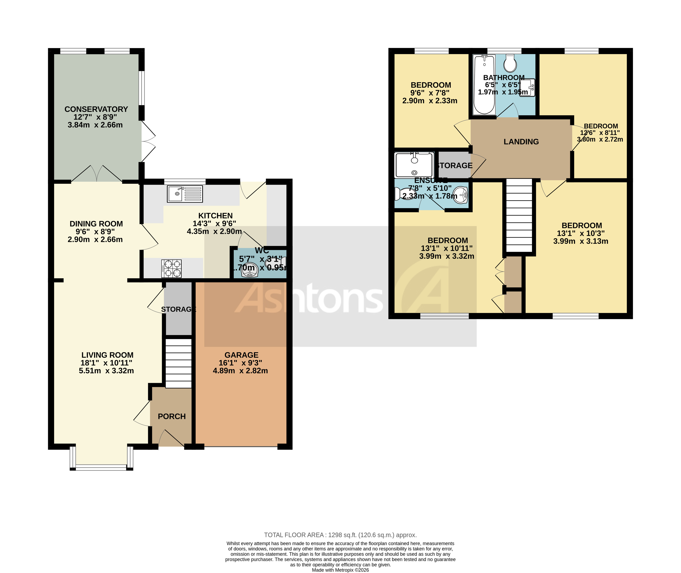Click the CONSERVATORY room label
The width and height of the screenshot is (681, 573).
coord(96,109)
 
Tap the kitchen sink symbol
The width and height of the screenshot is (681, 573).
coord(185,194)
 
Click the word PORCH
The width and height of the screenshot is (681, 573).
coord(171,416)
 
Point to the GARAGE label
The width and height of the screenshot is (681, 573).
coord(241,355)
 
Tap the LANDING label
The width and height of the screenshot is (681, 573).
coord(521,142)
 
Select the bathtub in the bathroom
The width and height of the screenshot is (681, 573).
coord(484,84)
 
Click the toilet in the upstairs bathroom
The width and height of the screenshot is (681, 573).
coord(510,63)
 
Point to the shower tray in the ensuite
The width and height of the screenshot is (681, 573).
coord(414,165)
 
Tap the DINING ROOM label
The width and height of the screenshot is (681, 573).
coord(96,224)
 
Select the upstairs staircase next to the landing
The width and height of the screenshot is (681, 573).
coord(519,216)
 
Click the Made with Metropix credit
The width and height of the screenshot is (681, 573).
coord(340,570)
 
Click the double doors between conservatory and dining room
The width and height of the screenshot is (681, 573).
coord(97,174)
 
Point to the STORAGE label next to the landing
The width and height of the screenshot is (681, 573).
coord(455,166)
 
